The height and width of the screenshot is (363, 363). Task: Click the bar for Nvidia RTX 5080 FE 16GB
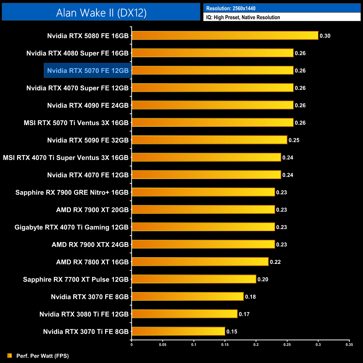pyautogui.click(x=225, y=35)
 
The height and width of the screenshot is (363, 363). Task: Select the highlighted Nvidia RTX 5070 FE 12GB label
pyautogui.click(x=88, y=71)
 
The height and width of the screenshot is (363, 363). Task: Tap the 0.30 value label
pyautogui.click(x=325, y=36)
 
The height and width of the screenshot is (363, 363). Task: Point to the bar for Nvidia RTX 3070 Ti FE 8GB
pyautogui.click(x=178, y=331)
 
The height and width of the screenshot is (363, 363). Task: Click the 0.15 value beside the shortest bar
pyautogui.click(x=232, y=331)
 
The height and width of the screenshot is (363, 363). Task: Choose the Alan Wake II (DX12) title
pyautogui.click(x=101, y=13)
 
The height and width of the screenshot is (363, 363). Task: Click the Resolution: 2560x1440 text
pyautogui.click(x=231, y=8)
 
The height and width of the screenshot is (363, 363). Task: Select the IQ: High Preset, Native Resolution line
pyautogui.click(x=243, y=17)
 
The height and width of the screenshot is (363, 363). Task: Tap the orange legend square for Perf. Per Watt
pyautogui.click(x=10, y=355)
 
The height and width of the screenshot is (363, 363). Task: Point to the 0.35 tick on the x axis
pyautogui.click(x=349, y=345)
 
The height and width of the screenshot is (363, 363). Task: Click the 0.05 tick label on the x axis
pyautogui.click(x=163, y=345)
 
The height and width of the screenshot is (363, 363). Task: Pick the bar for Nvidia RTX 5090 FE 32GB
pyautogui.click(x=209, y=140)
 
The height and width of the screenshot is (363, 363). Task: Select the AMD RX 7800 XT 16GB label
pyautogui.click(x=92, y=262)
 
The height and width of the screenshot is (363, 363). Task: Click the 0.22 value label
pyautogui.click(x=275, y=262)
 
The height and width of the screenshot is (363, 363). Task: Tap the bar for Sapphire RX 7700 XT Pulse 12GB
pyautogui.click(x=194, y=279)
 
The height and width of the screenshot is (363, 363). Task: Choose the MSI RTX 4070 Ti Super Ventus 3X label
pyautogui.click(x=66, y=157)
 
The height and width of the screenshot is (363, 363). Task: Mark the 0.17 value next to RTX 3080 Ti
pyautogui.click(x=244, y=314)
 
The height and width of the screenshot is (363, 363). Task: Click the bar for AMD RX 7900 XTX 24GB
pyautogui.click(x=203, y=244)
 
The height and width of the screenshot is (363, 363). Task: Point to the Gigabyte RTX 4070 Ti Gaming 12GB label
pyautogui.click(x=71, y=227)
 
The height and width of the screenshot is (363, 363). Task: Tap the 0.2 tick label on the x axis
pyautogui.click(x=256, y=345)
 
